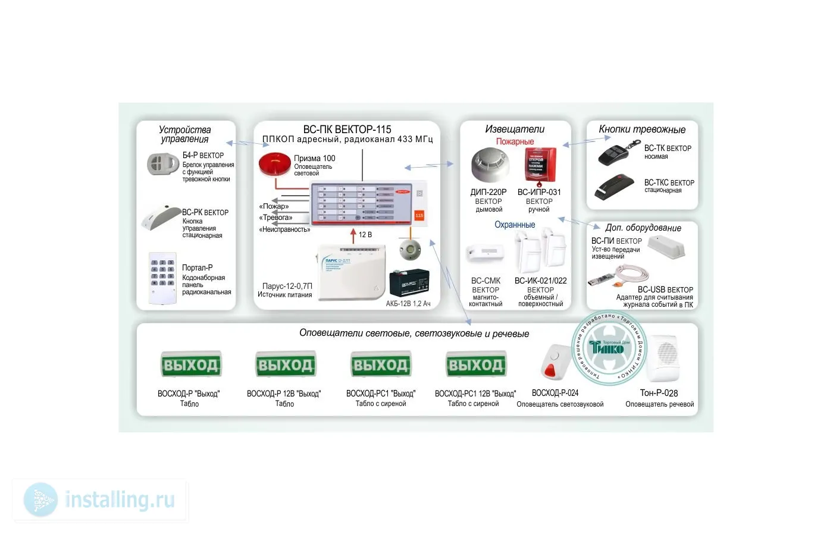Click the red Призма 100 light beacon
point(274,165)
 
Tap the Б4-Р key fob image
point(162,164)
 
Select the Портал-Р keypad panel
point(162,278)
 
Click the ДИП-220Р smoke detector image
point(489,165)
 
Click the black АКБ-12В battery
point(409,284)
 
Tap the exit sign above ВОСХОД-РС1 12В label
point(475,364)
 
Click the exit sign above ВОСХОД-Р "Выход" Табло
point(190,364)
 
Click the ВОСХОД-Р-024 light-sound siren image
point(553,361)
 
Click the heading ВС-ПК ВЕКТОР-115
point(347,129)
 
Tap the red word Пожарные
point(515,141)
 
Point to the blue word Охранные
point(515,225)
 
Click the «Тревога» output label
point(275,218)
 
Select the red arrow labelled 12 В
point(353,235)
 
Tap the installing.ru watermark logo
point(100,500)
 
